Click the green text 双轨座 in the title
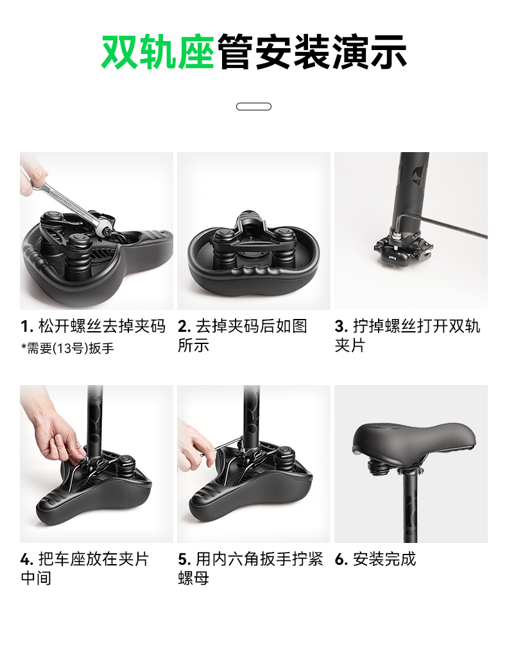click(x=158, y=52)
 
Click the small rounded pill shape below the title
click(x=253, y=107)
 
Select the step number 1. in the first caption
click(x=27, y=326)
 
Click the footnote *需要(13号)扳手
click(x=67, y=348)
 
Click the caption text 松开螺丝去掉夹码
click(x=102, y=326)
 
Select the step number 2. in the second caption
click(x=184, y=326)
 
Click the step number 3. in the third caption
click(x=341, y=326)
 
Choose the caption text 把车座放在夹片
click(x=94, y=559)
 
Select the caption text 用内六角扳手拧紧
click(x=259, y=559)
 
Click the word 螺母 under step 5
click(x=193, y=578)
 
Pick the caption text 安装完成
click(x=384, y=559)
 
